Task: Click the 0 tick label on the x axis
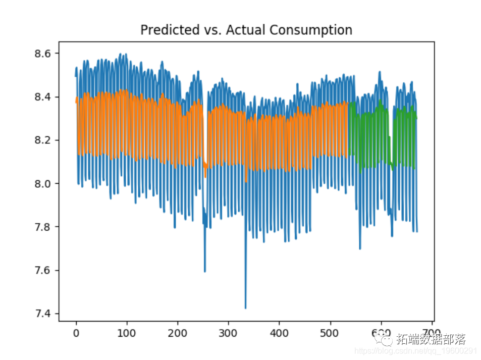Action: [76, 333]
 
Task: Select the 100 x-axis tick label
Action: [127, 333]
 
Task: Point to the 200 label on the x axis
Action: [178, 333]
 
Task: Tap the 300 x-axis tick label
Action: [229, 333]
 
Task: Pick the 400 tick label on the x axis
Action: [279, 333]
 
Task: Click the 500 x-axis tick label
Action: [330, 333]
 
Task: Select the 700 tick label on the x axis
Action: [432, 333]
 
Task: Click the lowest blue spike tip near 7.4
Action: [245, 307]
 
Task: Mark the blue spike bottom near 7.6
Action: [205, 271]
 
